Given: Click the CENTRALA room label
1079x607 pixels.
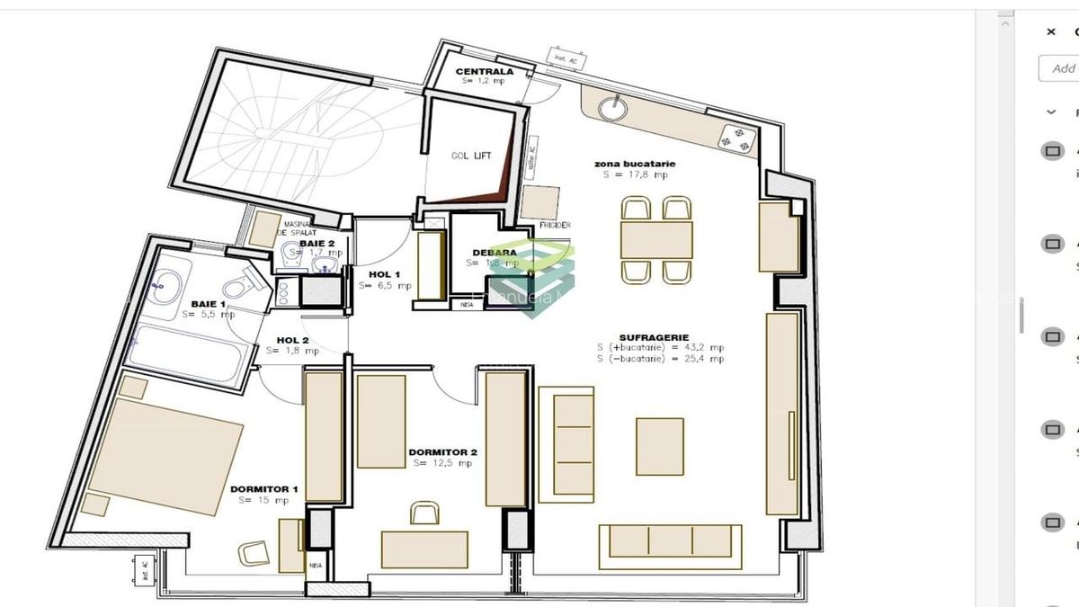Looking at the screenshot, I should (x=484, y=71).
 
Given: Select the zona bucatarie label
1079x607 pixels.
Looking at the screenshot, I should (x=635, y=164).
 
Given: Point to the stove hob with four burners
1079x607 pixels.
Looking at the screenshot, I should (x=736, y=138).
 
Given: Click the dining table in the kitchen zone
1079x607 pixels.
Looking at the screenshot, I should (x=656, y=240).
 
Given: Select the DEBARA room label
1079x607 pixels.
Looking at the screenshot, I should (x=495, y=253).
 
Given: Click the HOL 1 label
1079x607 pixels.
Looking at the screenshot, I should (x=385, y=274).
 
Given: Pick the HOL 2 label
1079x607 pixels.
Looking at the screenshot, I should (x=293, y=340).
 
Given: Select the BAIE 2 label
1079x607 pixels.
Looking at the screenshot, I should (x=317, y=243).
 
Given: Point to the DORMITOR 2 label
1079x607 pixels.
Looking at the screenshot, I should (x=442, y=452).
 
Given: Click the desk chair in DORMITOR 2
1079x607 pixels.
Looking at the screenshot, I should (x=424, y=513).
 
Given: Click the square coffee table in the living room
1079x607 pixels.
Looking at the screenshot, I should (x=659, y=446).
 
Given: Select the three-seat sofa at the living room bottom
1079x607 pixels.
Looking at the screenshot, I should (x=670, y=541).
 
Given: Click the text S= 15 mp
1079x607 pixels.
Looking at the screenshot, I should (x=263, y=500).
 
